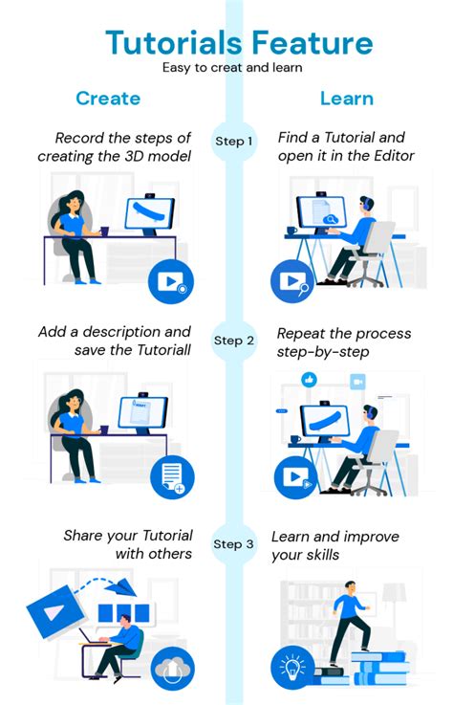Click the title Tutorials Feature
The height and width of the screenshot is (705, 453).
click(239, 42)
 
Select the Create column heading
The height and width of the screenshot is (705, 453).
click(108, 98)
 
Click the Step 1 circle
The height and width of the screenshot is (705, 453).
click(233, 142)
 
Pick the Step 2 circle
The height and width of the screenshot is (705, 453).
click(233, 341)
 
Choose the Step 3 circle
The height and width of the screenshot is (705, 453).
click(233, 544)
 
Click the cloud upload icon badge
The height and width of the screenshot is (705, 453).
click(172, 668)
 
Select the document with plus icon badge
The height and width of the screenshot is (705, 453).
click(172, 476)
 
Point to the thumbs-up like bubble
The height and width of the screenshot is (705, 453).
click(309, 381)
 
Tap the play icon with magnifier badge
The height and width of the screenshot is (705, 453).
click(291, 281)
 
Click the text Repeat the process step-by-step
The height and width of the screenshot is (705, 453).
click(344, 342)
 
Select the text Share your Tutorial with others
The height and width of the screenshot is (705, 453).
click(128, 544)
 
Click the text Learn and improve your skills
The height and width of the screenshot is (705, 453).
click(335, 544)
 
